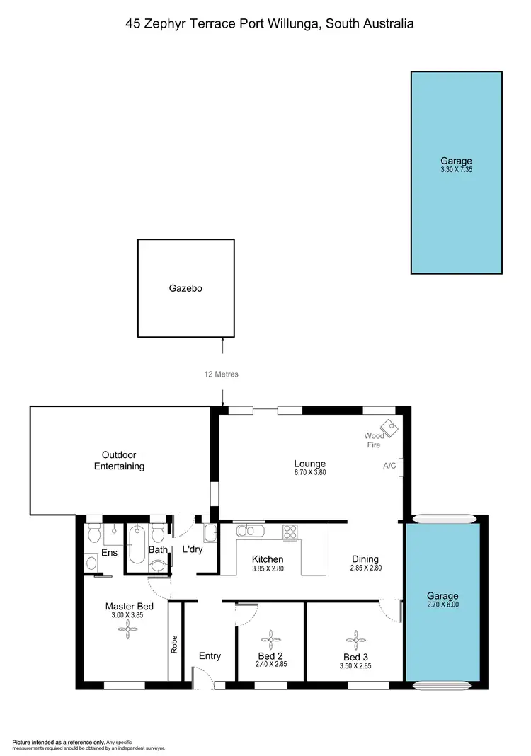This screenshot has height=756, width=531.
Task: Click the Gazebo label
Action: click(x=185, y=288)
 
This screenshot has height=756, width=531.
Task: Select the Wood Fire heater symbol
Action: click(x=388, y=428)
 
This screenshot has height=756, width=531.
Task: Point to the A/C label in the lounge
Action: click(x=389, y=466)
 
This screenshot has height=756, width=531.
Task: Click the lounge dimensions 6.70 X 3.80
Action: click(x=309, y=472)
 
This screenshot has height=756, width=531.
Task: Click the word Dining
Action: click(x=365, y=559)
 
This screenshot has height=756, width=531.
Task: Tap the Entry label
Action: click(x=210, y=656)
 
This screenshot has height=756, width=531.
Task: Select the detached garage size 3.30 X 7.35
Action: click(x=456, y=170)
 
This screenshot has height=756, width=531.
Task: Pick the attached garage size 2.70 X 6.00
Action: click(x=442, y=605)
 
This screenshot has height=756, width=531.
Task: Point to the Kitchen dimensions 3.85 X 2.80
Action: click(x=268, y=568)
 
